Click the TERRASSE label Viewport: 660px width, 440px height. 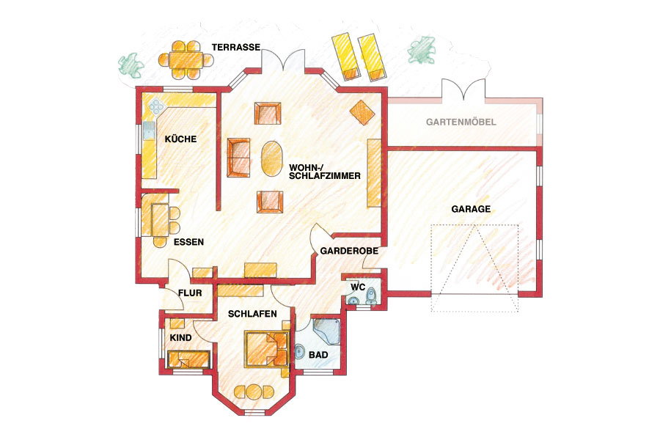236,47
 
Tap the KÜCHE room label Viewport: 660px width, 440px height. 180,139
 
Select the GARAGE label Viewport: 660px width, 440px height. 471,209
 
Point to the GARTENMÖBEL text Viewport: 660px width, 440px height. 461,122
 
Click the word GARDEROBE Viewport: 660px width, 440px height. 349,251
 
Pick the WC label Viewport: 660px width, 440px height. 358,287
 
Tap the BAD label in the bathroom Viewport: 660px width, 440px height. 318,355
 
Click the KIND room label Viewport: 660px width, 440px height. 180,337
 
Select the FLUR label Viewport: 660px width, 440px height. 190,293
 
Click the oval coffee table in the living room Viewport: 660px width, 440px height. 271,159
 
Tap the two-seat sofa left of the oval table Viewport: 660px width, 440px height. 238,158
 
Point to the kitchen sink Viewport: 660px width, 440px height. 149,131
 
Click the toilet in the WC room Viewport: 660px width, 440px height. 371,296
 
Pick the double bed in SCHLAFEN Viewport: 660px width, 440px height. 266,349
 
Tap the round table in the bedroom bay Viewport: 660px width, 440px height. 254,392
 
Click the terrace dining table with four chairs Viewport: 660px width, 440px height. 186,59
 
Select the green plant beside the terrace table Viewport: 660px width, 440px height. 131,65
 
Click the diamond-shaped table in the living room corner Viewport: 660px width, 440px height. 362,112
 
